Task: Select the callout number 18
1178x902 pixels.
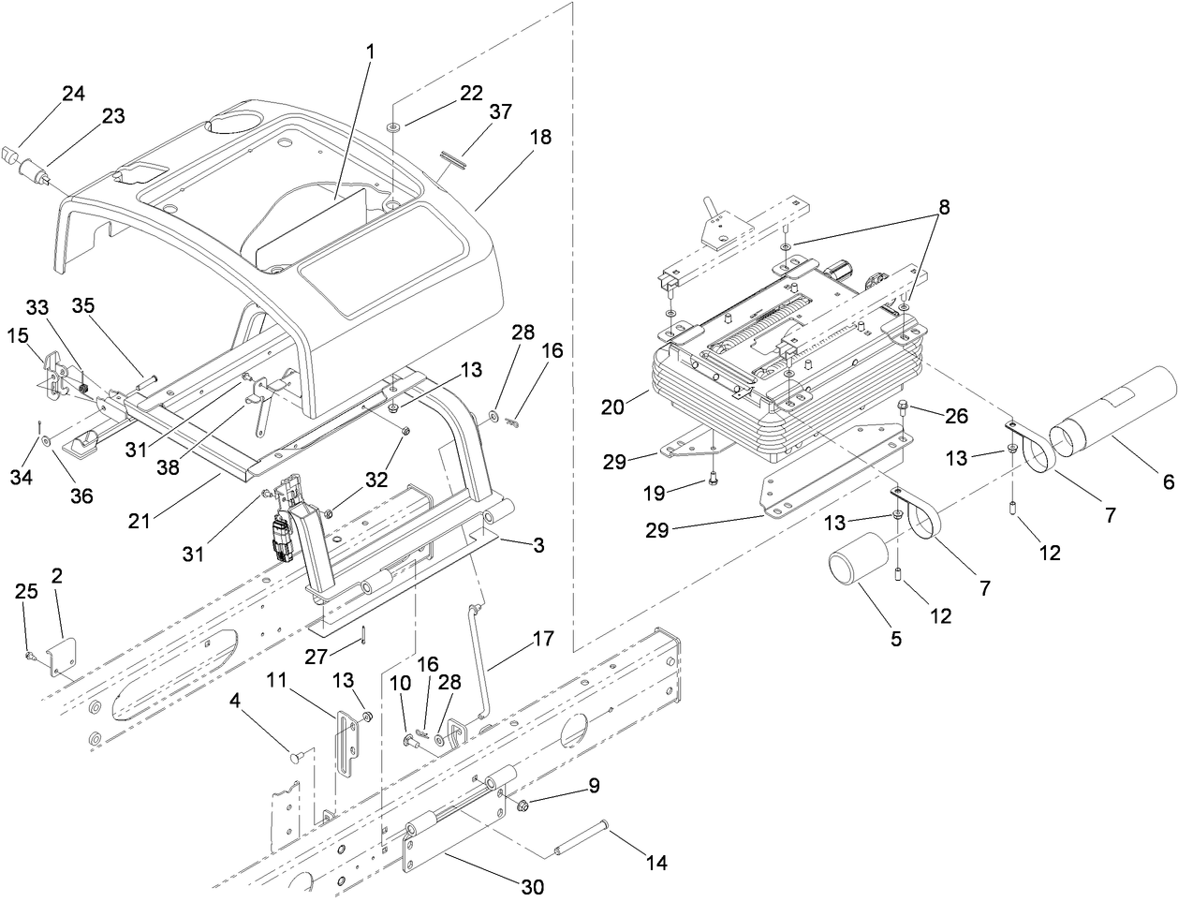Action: point(540,137)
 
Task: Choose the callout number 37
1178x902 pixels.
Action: point(501,111)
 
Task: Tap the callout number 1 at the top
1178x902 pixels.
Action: point(371,51)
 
